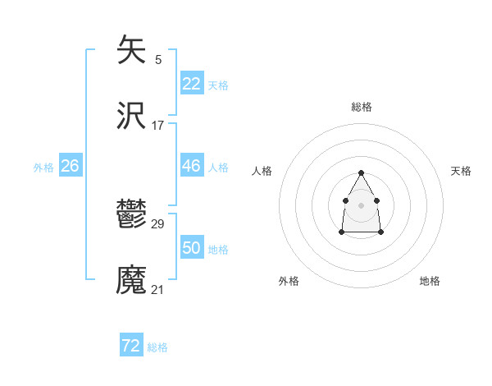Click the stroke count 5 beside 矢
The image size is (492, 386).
[158, 59]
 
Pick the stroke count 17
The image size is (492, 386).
[158, 126]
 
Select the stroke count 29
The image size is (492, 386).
[158, 224]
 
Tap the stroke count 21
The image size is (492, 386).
[158, 289]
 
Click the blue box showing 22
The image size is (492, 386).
[192, 84]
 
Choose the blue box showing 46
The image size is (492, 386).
[192, 166]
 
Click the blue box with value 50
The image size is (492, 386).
[192, 248]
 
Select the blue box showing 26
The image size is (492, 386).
[70, 166]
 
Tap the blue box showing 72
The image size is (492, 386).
[131, 346]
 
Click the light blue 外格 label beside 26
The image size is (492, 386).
[43, 168]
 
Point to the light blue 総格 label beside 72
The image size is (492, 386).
[157, 347]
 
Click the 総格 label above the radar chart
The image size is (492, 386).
[362, 107]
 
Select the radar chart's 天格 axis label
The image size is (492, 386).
[461, 171]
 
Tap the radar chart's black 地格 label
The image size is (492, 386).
[430, 281]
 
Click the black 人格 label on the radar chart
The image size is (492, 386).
[262, 171]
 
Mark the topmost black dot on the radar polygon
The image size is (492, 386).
[362, 173]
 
